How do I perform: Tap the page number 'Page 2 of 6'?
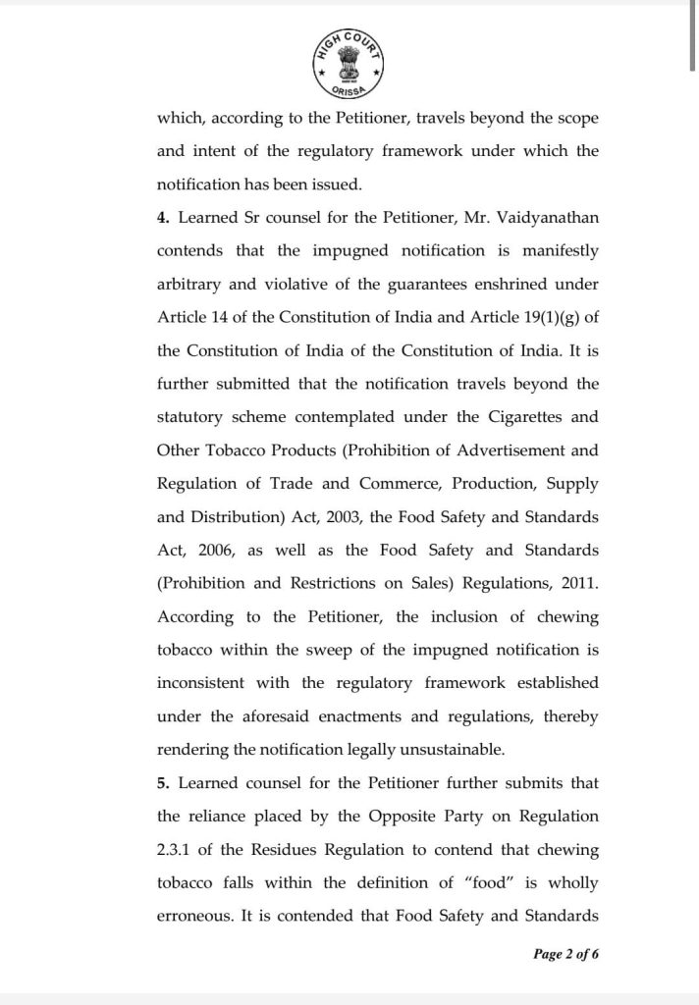(x=565, y=952)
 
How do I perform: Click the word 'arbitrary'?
(x=188, y=284)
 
